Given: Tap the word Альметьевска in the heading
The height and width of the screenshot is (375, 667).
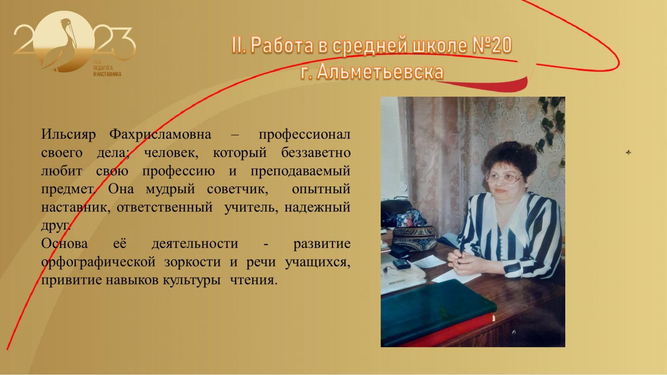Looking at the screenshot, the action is [380, 72].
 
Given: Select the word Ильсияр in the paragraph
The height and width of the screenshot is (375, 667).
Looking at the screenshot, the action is [68, 135].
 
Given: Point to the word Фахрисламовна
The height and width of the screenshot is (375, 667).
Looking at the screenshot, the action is [160, 135].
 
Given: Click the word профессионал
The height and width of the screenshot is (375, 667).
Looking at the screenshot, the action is [304, 135].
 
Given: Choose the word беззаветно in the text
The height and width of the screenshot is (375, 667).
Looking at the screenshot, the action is [316, 152].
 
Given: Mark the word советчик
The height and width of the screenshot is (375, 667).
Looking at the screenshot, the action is [237, 189].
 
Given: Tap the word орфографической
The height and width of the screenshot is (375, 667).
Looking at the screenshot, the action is [98, 262].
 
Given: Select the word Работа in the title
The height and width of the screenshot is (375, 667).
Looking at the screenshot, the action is [282, 45].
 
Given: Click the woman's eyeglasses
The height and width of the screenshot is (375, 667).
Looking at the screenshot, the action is [504, 177].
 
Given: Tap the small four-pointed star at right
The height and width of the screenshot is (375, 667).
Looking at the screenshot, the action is [628, 152].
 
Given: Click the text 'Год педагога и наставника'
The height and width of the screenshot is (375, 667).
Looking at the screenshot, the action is [107, 68].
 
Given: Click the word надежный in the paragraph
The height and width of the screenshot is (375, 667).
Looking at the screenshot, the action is [317, 207].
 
